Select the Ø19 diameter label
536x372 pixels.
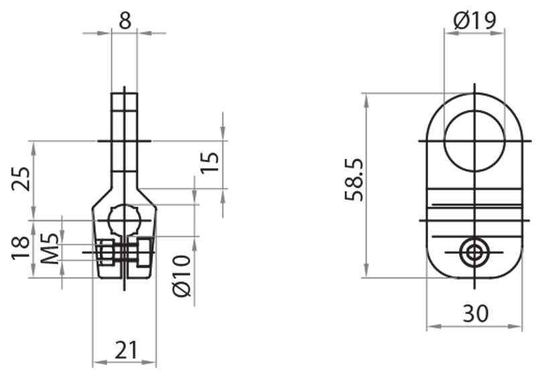pyautogui.click(x=474, y=19)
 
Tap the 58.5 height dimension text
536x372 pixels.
pyautogui.click(x=354, y=180)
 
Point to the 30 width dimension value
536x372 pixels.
pyautogui.click(x=474, y=312)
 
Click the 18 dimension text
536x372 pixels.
pyautogui.click(x=21, y=247)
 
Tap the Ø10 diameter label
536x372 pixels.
pyautogui.click(x=182, y=275)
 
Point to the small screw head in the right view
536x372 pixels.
pyautogui.click(x=475, y=253)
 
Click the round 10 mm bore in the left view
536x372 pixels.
pyautogui.click(x=124, y=220)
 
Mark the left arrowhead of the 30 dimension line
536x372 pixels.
pyautogui.click(x=431, y=327)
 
